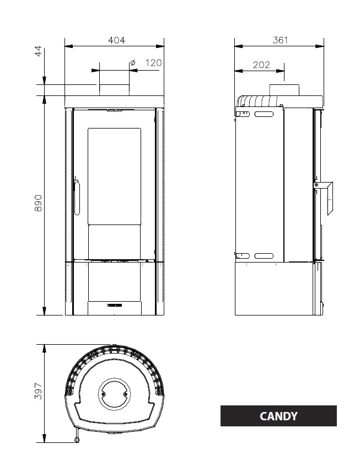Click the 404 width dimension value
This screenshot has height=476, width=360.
[116, 40]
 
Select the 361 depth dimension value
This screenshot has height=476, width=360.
[280, 40]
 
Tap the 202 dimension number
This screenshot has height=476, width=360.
[261, 65]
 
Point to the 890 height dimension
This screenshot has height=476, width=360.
[38, 203]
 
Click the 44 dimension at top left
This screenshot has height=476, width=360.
[38, 51]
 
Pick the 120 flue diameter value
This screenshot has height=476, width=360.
[153, 63]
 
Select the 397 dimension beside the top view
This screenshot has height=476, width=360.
[38, 391]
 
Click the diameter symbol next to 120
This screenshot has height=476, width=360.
[133, 62]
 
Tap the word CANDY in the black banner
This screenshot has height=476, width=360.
[278, 416]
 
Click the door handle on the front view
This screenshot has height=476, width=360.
[76, 197]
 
